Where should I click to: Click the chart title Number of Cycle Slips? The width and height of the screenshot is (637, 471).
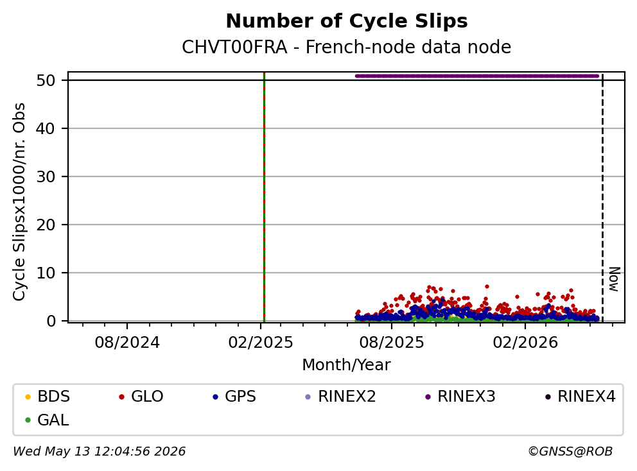point(347,21)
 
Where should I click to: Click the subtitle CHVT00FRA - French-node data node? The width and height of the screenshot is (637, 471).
point(347,47)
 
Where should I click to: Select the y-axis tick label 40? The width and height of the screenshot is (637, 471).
point(46,129)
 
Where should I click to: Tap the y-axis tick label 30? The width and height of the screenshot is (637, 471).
point(46,176)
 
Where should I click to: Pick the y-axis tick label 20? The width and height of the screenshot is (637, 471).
point(46,225)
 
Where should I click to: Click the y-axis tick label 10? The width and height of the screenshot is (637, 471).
point(46,273)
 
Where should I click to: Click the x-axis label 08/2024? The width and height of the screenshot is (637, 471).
point(127,343)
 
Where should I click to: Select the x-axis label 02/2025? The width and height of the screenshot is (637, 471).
point(261,343)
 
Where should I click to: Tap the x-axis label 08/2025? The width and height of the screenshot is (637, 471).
point(392,343)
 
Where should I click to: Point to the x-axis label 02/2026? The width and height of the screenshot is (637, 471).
point(525,343)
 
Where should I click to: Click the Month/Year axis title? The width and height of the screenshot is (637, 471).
point(347,365)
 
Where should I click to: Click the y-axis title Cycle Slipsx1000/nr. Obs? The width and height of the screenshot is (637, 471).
point(19,201)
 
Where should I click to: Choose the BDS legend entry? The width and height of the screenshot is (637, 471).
point(48,397)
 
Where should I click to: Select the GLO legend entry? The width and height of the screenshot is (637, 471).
point(141,397)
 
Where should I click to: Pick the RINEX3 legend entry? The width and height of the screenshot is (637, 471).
point(460,397)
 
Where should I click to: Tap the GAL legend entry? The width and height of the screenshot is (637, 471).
point(47,420)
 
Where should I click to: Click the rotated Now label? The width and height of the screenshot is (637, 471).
point(615,279)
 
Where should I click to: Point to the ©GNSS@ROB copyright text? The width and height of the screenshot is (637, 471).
point(570,451)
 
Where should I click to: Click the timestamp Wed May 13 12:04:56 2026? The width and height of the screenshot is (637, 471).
point(100,451)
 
